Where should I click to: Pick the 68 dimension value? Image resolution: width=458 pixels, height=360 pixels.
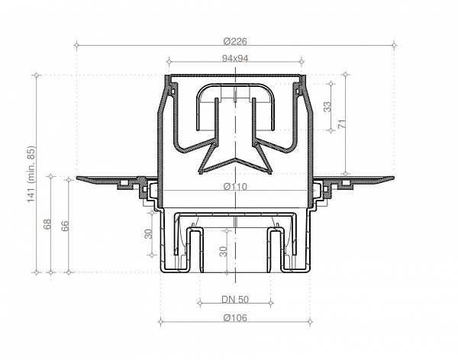pos(47,225)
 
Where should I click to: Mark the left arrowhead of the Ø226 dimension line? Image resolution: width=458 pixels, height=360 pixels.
pos(79,46)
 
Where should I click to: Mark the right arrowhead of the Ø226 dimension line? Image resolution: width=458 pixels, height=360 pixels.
pos(392,46)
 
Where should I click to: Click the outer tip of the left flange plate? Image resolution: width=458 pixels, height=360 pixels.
pos(79,178)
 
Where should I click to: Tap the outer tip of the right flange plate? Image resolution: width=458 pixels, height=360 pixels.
pos(392,178)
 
